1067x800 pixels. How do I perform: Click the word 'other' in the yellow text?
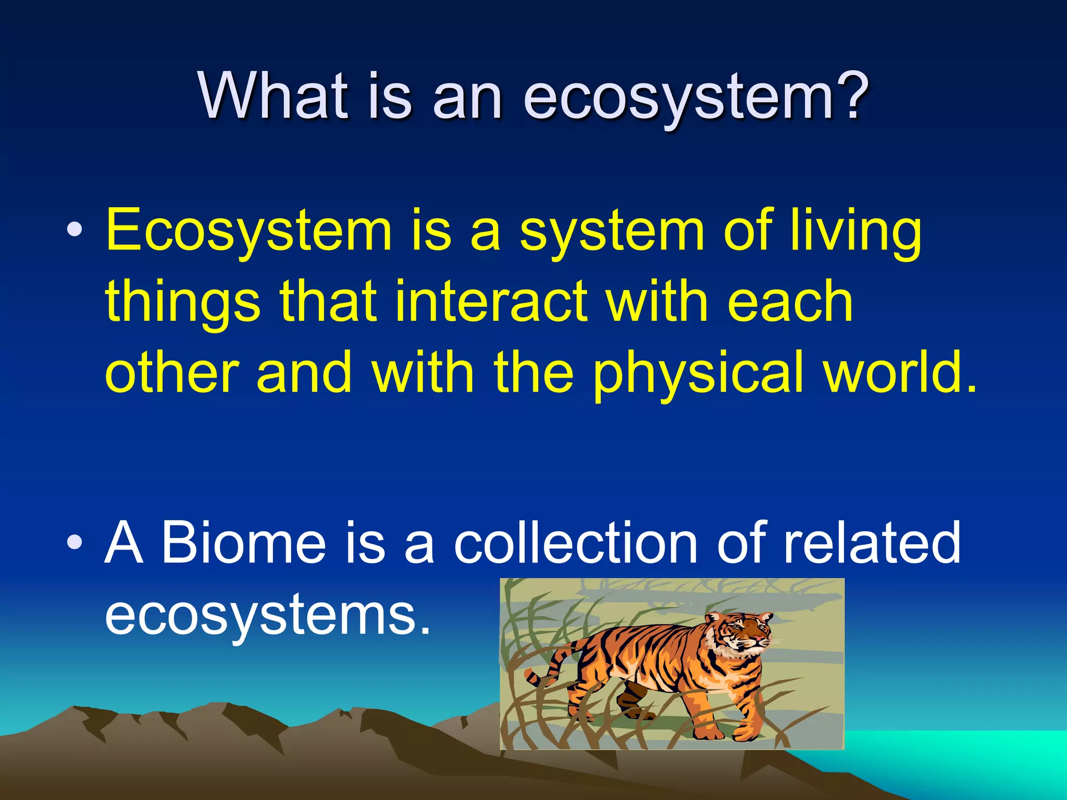pyautogui.click(x=172, y=372)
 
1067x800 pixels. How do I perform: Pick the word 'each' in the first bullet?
pyautogui.click(x=789, y=302)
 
